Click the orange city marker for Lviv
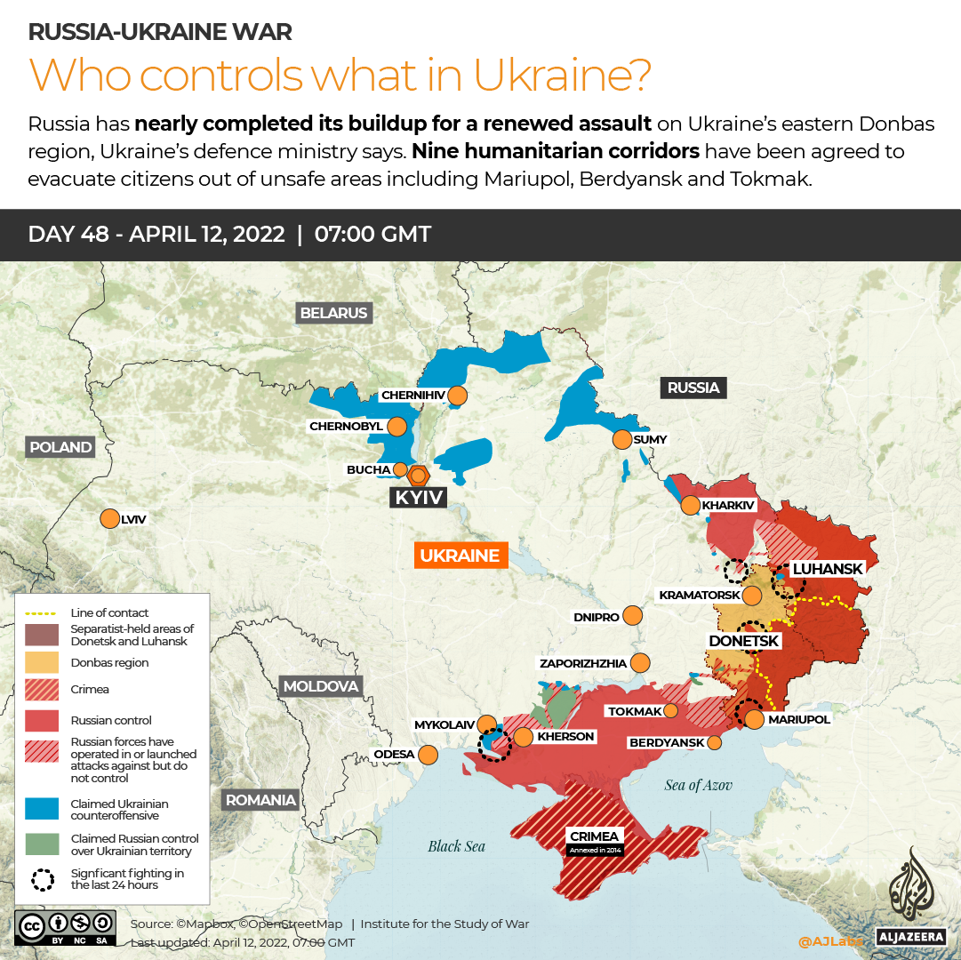click(109, 518)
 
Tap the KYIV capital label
click(418, 497)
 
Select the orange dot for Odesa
click(428, 755)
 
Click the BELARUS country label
click(333, 313)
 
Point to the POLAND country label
click(60, 447)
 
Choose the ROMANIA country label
click(260, 800)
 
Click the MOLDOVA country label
click(320, 686)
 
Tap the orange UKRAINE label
click(459, 556)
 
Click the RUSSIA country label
click(693, 388)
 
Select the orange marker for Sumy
click(621, 439)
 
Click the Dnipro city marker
click(632, 615)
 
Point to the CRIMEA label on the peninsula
click(595, 836)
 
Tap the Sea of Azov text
click(699, 785)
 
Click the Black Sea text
click(456, 846)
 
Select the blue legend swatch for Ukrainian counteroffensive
click(42, 809)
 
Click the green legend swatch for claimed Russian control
click(42, 844)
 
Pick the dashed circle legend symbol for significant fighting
click(42, 879)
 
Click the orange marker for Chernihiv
click(458, 395)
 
